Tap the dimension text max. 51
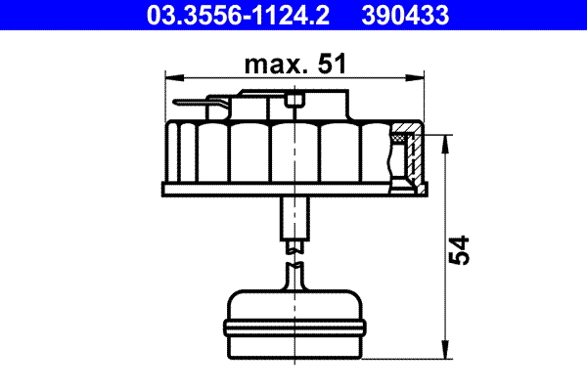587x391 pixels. pyautogui.click(x=293, y=66)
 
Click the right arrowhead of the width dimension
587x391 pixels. pyautogui.click(x=422, y=75)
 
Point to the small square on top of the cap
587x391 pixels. pyautogui.click(x=293, y=100)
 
